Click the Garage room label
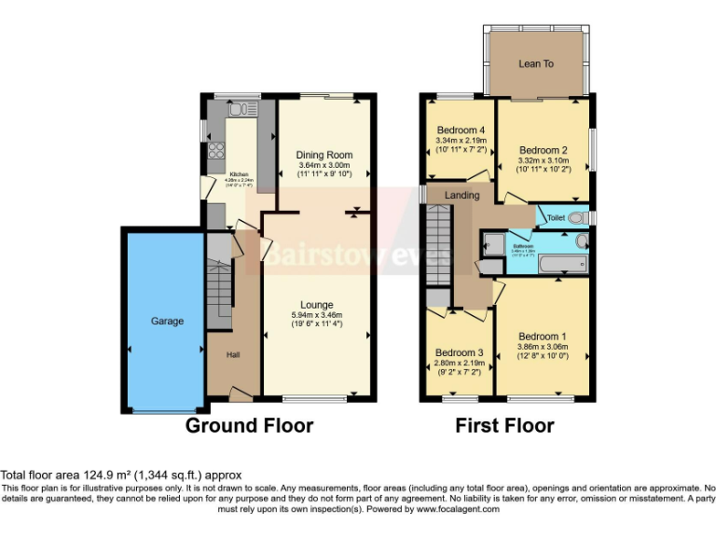point(167,321)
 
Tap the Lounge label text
point(317,304)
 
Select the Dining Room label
point(324,155)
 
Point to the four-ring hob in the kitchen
point(217,151)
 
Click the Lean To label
point(535,63)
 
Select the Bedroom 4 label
point(461,130)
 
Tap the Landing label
point(461,195)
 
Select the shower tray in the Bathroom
point(490,245)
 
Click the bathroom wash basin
point(582,241)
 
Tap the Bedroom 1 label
point(542,337)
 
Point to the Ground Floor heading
point(249,426)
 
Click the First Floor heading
point(504,426)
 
